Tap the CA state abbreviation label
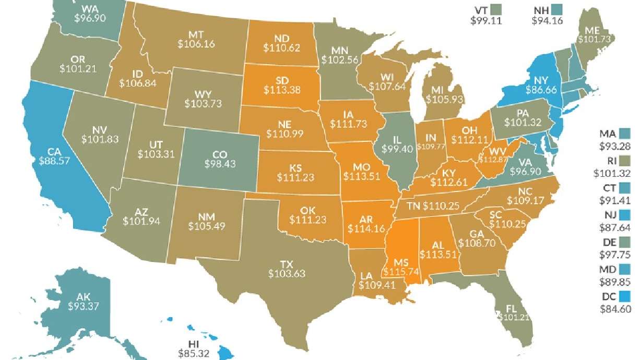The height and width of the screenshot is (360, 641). pos(52,151)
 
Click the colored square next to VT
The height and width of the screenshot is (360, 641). pos(496,9)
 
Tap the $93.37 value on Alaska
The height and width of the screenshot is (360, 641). pos(84,306)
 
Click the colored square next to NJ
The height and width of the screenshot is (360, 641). pos(626,214)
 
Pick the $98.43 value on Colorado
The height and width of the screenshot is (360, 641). pos(219,164)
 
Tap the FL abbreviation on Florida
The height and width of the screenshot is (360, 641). pos(513,308)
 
